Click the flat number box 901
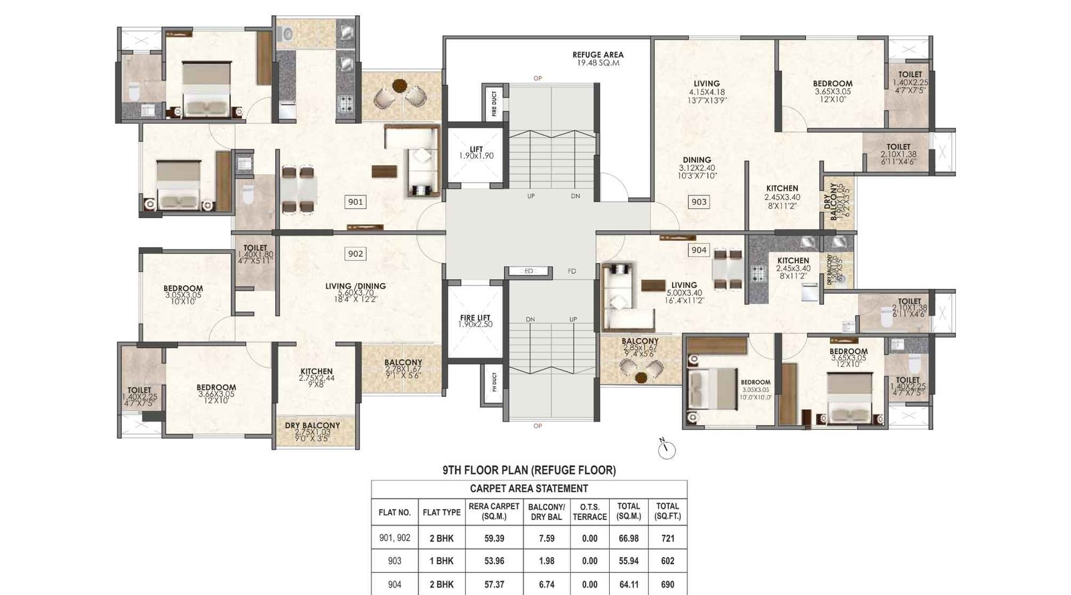click(355, 201)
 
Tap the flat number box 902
click(355, 254)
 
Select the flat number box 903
click(699, 201)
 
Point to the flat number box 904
click(699, 250)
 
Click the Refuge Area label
click(598, 58)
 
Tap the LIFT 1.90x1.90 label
click(476, 153)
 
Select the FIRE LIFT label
click(476, 321)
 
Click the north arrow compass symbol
click(667, 450)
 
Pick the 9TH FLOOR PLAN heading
click(529, 471)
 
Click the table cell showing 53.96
click(494, 561)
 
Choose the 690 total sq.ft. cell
click(667, 584)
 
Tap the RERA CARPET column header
click(494, 511)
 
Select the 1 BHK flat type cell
click(441, 561)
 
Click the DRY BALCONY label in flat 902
click(313, 429)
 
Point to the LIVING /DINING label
click(355, 290)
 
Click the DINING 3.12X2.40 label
click(697, 164)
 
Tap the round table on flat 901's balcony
click(400, 86)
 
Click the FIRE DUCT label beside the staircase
click(494, 104)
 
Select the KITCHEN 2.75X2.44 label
click(317, 375)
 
